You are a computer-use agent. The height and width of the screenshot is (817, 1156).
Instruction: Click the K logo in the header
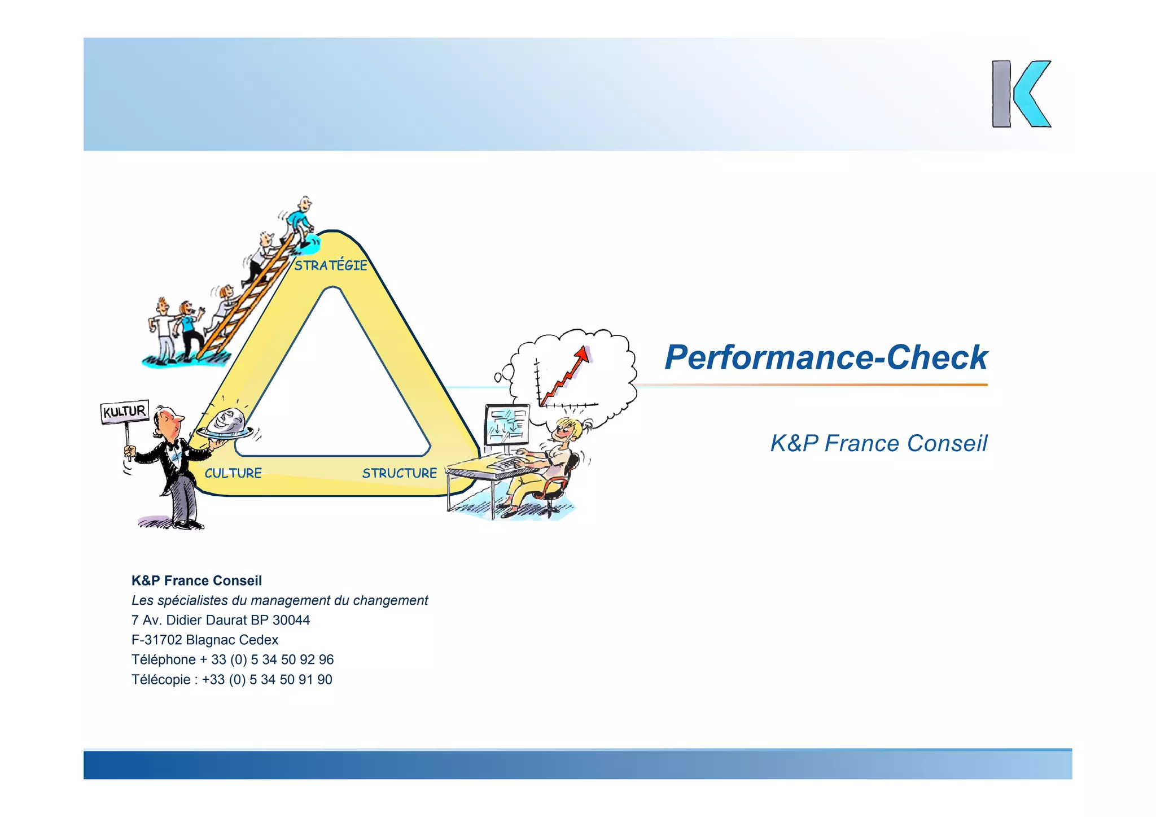pos(1021,94)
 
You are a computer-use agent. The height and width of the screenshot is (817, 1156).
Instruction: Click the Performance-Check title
pos(826,357)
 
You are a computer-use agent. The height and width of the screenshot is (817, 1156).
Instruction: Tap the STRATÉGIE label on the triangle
pos(331,265)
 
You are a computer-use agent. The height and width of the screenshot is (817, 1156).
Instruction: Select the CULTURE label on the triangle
pos(233,473)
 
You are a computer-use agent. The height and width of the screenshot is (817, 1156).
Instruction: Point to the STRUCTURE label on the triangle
pos(399,473)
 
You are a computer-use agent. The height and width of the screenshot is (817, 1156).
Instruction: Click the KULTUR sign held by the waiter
pos(124,411)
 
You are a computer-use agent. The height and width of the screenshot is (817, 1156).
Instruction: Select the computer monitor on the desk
pos(507,425)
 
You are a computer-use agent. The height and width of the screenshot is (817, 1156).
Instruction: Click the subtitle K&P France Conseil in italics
pos(879,444)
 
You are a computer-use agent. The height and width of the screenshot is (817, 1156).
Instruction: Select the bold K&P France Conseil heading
pos(196,581)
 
